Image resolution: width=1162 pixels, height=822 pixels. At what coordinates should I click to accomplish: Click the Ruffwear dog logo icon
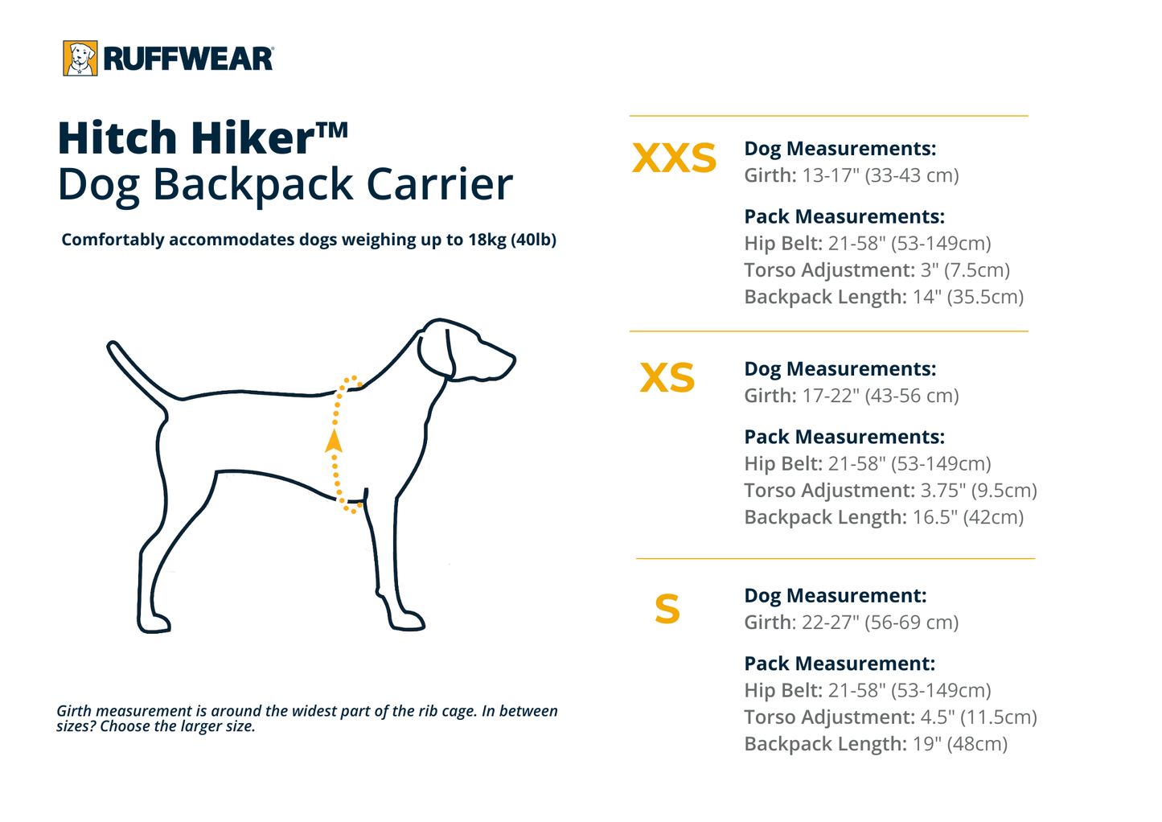(x=80, y=59)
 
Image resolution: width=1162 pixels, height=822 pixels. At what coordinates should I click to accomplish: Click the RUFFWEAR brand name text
(x=188, y=60)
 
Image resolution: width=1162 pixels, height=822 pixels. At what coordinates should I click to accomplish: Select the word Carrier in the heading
(x=439, y=184)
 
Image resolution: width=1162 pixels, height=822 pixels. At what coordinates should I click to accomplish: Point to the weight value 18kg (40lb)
(x=512, y=240)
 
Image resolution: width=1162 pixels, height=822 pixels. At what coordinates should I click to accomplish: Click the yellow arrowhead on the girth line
(x=334, y=440)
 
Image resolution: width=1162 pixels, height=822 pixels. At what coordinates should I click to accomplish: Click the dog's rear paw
(x=154, y=623)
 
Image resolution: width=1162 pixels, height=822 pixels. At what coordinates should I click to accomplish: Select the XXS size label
(x=674, y=158)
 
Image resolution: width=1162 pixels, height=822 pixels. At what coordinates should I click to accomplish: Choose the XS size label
(x=667, y=378)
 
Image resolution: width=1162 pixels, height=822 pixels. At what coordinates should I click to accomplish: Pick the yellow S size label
(x=667, y=609)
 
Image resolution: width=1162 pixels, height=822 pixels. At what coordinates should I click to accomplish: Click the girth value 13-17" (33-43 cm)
(x=881, y=175)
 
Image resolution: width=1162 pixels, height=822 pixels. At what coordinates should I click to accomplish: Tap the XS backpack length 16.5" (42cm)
(x=968, y=517)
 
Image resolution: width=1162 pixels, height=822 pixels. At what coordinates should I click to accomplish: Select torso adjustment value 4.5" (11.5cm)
(x=979, y=717)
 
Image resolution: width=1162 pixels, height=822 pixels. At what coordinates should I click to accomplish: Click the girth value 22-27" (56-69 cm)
(x=881, y=623)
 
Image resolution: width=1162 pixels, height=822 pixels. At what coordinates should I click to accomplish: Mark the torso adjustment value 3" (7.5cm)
(x=965, y=270)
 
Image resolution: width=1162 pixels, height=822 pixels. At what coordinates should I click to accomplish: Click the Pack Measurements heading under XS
(x=844, y=437)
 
